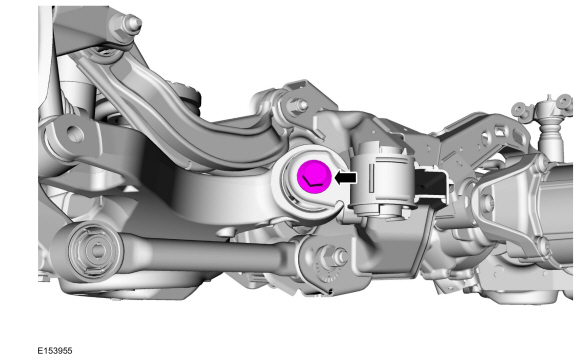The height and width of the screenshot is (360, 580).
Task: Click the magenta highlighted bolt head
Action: [314, 176]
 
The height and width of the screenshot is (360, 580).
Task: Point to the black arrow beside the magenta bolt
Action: [345, 178]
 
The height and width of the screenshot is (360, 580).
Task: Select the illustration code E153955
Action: [55, 350]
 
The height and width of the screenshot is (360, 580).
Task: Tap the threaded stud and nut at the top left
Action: [132, 23]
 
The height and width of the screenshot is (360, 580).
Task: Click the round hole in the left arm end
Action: [74, 134]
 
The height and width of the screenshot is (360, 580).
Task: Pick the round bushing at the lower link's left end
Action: [94, 251]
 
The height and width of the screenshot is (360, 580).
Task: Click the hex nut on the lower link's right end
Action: [330, 256]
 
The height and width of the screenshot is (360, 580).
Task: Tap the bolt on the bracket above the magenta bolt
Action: [301, 105]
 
